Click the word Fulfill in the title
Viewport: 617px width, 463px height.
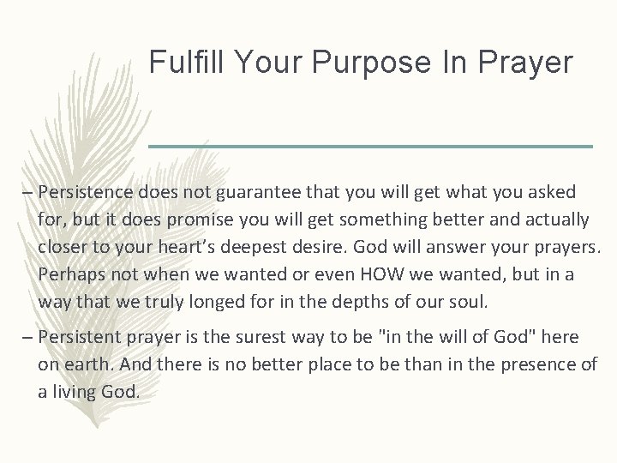point(179,61)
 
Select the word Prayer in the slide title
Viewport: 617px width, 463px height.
point(525,61)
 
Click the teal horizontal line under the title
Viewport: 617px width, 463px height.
point(370,147)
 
